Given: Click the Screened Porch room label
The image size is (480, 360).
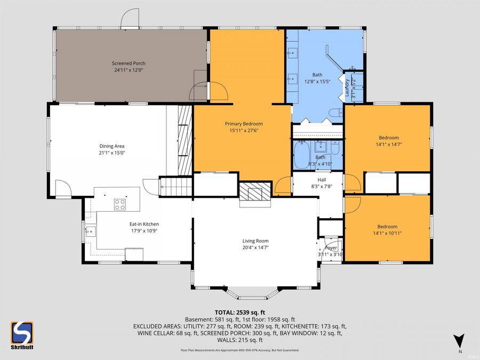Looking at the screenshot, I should click(x=129, y=63).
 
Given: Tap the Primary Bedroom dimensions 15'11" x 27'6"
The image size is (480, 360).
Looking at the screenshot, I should click(x=246, y=130).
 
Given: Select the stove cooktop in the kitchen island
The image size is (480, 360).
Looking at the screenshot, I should click(x=120, y=204).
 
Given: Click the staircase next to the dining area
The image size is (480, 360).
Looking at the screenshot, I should click(x=176, y=188).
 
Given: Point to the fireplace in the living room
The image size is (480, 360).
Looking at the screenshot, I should click(x=255, y=192).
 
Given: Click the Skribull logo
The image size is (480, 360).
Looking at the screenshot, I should click(x=22, y=334).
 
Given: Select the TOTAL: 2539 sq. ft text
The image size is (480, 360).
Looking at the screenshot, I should click(x=239, y=312).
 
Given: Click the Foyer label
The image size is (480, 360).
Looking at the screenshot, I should click(x=331, y=247).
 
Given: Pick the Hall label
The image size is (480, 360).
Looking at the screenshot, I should click(x=321, y=180).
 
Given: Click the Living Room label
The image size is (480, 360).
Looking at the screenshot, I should click(x=255, y=241).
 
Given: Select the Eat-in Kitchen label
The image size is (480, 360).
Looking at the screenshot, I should click(x=144, y=224).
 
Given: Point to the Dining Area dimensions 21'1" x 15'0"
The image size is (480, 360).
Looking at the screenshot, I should click(x=111, y=153).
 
